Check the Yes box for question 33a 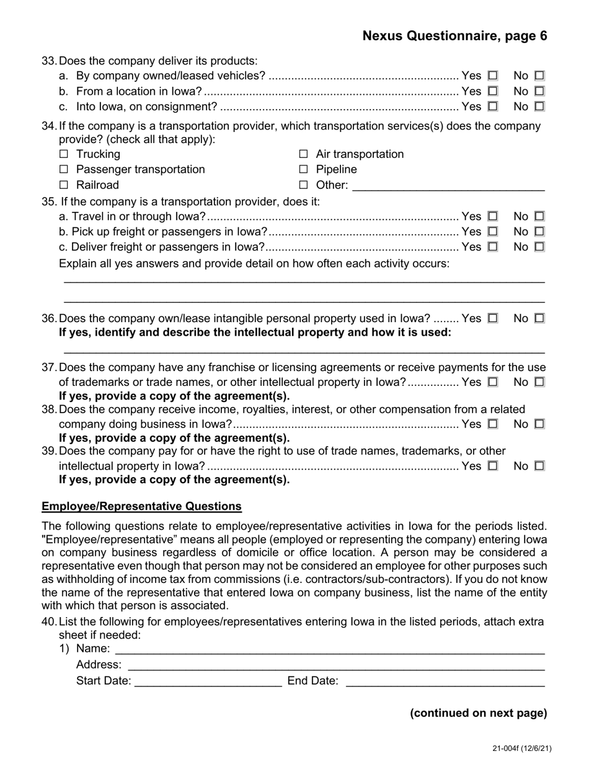click(493, 76)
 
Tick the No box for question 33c click(539, 107)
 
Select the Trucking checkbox click(64, 154)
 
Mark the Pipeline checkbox click(304, 170)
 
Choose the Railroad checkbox click(64, 185)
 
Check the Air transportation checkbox click(304, 154)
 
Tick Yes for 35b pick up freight click(493, 232)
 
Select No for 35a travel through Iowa click(539, 216)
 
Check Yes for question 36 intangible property click(493, 318)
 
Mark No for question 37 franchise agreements click(539, 382)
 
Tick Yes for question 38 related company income click(493, 424)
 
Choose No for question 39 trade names click(539, 466)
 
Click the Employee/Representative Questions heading click(141, 506)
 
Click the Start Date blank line click(208, 681)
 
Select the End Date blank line click(445, 681)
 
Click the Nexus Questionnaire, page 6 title click(454, 36)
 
